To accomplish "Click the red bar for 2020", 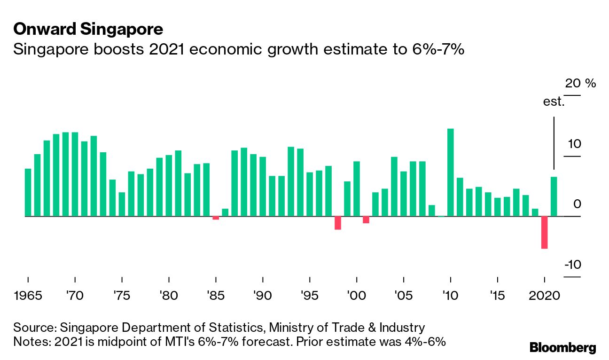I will point(544,232).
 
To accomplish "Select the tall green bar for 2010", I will point(450,172).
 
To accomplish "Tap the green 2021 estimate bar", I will point(554,196).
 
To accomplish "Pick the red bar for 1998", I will point(337,223).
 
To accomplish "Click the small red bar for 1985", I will point(216,218).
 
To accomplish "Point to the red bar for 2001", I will point(366,219).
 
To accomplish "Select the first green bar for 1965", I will point(28,192).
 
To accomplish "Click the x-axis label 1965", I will point(28,297).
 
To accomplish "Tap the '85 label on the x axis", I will point(216,297).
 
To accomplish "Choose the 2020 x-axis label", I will point(544,297).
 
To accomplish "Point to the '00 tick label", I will point(356,297).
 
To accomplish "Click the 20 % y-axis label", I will point(580,84).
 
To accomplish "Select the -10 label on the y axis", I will point(572,265).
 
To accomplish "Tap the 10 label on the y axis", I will point(573,144).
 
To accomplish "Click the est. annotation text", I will point(554,102).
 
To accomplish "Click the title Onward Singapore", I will point(88,30).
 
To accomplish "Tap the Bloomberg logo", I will point(562,348).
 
